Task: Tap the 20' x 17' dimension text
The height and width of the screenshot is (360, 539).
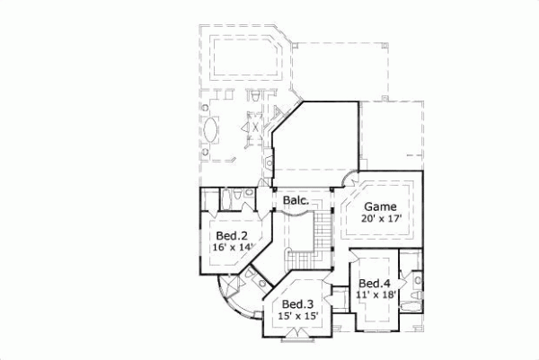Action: [x=380, y=218]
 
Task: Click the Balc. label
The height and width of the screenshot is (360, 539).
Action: [x=296, y=201]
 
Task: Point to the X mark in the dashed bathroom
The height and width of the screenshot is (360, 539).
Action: [x=255, y=128]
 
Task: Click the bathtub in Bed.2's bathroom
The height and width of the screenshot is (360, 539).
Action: [x=211, y=200]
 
